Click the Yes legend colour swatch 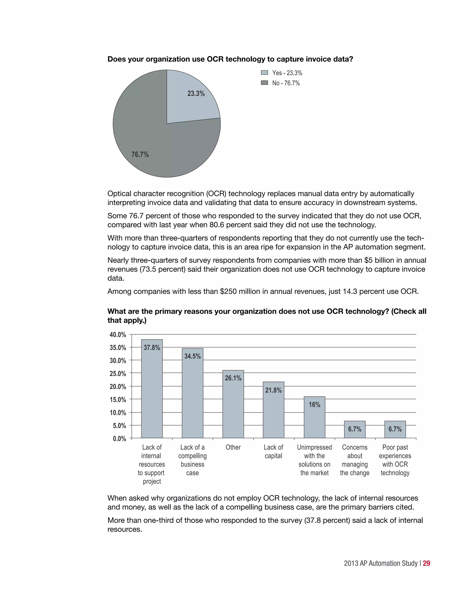tap(264, 73)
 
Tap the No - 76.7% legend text tap(286, 83)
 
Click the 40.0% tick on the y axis tap(118, 335)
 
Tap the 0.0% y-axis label tap(119, 439)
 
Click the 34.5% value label tap(193, 356)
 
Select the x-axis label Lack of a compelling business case tap(193, 460)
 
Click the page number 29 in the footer tap(426, 563)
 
